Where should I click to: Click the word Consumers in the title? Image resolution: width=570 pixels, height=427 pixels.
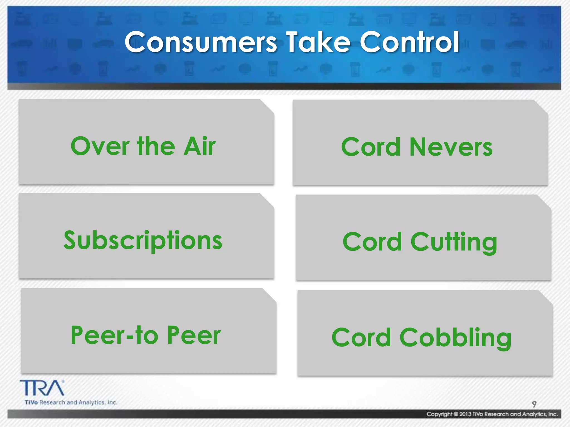200,42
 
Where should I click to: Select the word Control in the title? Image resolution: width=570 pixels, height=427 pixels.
409,42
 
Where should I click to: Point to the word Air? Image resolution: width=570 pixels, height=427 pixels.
200,146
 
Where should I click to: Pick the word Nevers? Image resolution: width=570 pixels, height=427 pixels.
451,147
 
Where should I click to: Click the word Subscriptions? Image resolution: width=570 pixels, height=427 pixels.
143,241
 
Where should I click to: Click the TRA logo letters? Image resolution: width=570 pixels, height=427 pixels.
42,388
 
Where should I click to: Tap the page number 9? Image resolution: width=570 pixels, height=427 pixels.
534,404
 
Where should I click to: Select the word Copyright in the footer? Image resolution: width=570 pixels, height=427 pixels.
439,414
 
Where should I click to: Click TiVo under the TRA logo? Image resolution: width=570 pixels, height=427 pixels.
31,403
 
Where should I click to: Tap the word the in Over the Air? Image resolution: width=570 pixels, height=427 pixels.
156,146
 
